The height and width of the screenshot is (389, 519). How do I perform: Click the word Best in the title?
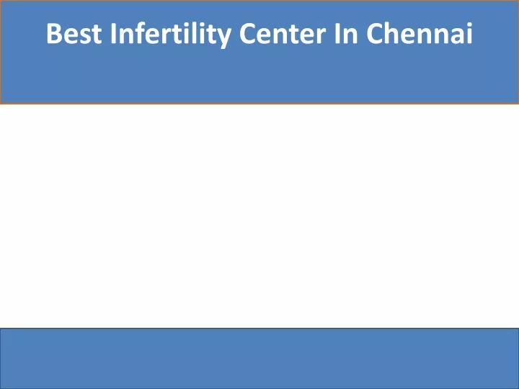point(74,33)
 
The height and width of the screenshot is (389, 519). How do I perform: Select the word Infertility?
point(170,35)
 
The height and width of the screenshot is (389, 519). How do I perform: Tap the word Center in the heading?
point(283,33)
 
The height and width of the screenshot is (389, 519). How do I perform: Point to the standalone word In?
point(346,33)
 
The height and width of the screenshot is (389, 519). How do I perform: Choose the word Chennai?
point(420,33)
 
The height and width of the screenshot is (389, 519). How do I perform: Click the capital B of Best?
point(54,33)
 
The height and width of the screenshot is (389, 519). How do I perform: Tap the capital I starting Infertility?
point(113,33)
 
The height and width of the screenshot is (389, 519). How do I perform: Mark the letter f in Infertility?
point(141,32)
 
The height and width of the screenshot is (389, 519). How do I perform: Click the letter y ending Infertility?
point(223,38)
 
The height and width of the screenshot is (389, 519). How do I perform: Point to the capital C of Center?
point(247,33)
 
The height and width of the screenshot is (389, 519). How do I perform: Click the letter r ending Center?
point(321,36)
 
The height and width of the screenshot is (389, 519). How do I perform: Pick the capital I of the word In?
point(337,33)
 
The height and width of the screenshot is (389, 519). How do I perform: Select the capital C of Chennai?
point(375,33)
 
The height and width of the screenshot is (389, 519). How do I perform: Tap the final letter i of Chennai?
point(469,33)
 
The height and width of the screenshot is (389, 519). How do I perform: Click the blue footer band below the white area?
point(259,359)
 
